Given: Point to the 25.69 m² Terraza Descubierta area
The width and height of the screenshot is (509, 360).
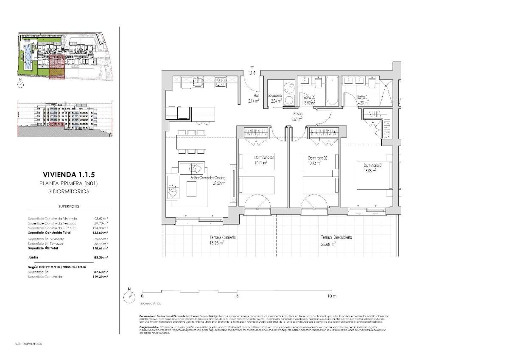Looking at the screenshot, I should [x=328, y=244].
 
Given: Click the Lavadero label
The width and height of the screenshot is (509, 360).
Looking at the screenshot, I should [x=275, y=96].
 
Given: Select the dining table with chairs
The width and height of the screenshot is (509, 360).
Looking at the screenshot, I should [x=191, y=143].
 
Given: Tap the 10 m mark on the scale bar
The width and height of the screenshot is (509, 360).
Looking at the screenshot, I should [x=332, y=296].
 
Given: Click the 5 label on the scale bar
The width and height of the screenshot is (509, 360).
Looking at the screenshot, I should [x=237, y=296].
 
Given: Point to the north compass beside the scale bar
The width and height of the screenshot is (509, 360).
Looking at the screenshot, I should [x=129, y=297].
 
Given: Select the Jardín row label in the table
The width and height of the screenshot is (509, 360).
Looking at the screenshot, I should [x=33, y=257].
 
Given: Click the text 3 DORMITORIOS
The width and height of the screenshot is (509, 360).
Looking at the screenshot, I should [x=69, y=191].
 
